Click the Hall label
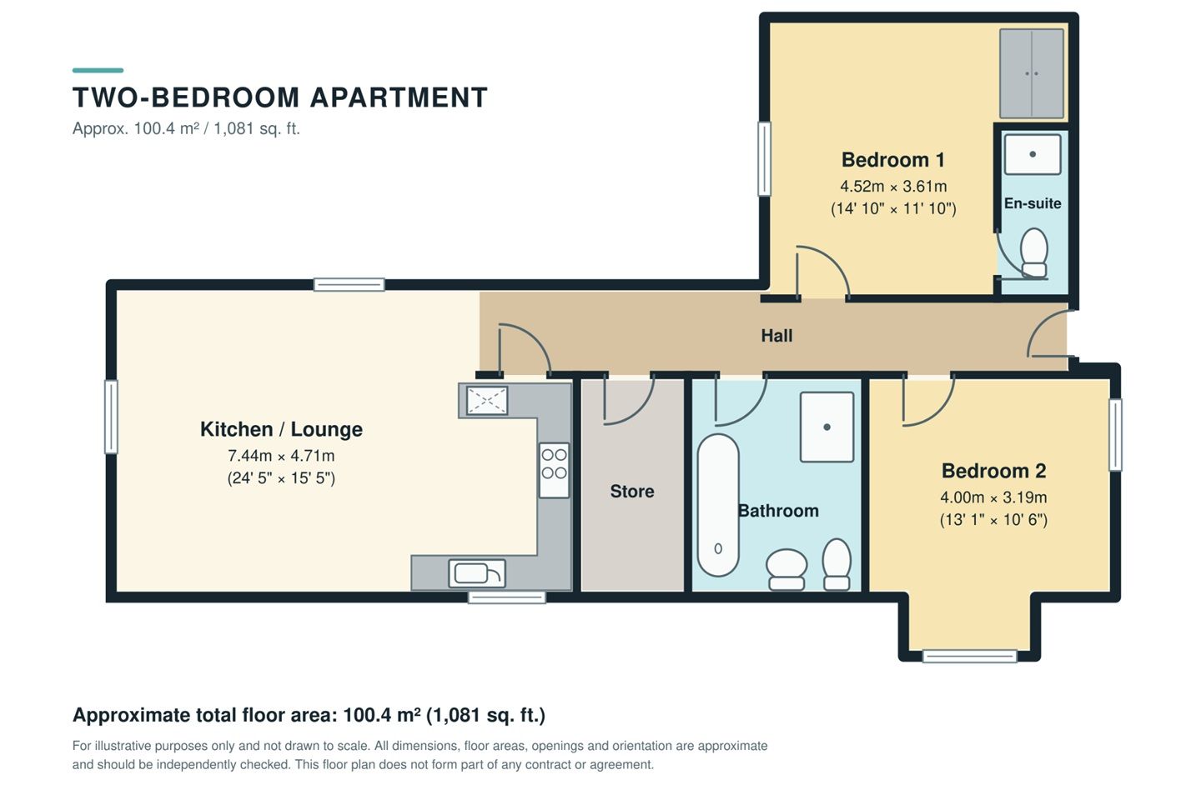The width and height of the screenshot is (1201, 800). pyautogui.click(x=776, y=336)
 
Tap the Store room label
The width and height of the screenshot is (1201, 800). pyautogui.click(x=631, y=492)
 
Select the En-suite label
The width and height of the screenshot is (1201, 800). pyautogui.click(x=1033, y=203)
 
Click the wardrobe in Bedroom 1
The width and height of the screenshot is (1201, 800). pyautogui.click(x=1032, y=73)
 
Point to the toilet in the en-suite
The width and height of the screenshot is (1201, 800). pyautogui.click(x=1033, y=252)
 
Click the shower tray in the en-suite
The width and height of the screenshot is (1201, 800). pyautogui.click(x=1033, y=154)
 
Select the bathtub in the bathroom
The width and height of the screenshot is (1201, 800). pyautogui.click(x=718, y=505)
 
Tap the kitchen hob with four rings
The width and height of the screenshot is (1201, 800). pyautogui.click(x=554, y=470)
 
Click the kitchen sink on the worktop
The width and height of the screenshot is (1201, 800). pyautogui.click(x=477, y=573)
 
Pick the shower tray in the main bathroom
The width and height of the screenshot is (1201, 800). pyautogui.click(x=827, y=427)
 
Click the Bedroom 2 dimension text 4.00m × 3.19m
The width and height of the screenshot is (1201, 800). pyautogui.click(x=993, y=497)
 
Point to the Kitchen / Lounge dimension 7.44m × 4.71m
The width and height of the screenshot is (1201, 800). pyautogui.click(x=281, y=456)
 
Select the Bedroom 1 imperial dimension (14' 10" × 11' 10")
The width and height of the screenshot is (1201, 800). pyautogui.click(x=893, y=208)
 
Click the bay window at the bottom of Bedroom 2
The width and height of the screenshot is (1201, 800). pyautogui.click(x=969, y=656)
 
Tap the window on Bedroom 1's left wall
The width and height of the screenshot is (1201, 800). pyautogui.click(x=764, y=158)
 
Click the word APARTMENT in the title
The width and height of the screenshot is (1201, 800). pyautogui.click(x=399, y=97)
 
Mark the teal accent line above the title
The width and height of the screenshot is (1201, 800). pyautogui.click(x=98, y=70)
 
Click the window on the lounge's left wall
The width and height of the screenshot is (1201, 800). pyautogui.click(x=111, y=417)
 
